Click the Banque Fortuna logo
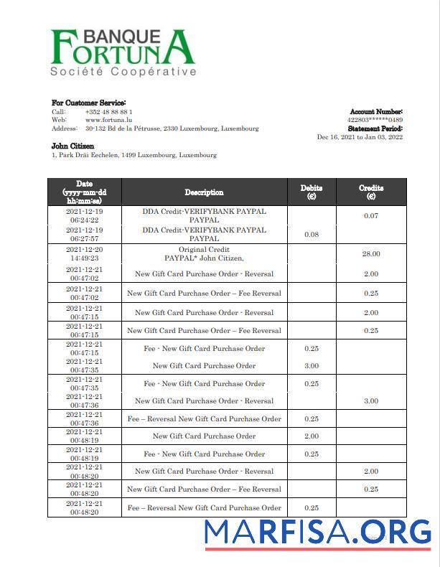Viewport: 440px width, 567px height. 123,52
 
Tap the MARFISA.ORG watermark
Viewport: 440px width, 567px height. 317,533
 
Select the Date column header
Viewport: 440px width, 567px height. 85,192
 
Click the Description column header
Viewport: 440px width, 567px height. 204,192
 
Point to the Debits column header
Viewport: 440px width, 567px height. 311,192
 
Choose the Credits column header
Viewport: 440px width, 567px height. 370,192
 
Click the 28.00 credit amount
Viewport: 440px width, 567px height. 370,254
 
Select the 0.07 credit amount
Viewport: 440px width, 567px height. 370,216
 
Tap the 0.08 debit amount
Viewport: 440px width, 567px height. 311,235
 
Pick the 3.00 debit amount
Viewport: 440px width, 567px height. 311,366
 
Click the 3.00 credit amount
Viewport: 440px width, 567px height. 370,401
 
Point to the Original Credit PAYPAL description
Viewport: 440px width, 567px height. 204,254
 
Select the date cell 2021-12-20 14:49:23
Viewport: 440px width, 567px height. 85,254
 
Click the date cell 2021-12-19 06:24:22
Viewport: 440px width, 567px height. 85,216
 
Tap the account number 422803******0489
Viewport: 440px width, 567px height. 375,121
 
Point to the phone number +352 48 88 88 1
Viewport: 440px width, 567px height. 108,112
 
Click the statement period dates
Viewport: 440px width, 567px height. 360,138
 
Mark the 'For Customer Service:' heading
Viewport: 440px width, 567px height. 88,103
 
